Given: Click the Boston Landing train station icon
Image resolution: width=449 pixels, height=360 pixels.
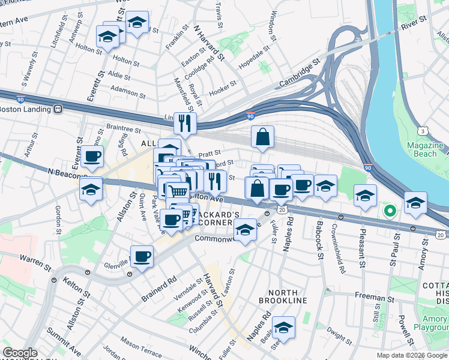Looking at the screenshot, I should click(58, 109).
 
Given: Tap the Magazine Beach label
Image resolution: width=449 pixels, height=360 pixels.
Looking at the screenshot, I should click(425, 150).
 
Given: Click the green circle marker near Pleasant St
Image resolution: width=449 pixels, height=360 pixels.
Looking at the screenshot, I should click(389, 211).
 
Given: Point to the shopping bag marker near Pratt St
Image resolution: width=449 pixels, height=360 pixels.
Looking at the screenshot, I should click(263, 137).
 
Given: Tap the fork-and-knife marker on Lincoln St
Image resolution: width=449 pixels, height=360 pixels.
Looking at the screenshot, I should click(185, 124).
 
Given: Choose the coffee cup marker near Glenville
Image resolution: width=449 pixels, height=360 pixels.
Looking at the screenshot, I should click(142, 257).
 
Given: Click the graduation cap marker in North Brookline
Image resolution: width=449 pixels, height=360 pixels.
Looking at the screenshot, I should click(284, 328).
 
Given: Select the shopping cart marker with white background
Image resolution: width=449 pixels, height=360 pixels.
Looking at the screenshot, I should click(177, 192).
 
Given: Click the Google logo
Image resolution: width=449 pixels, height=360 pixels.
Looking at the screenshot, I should click(20, 353).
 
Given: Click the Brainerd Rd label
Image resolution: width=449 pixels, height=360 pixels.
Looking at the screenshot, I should click(159, 280).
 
